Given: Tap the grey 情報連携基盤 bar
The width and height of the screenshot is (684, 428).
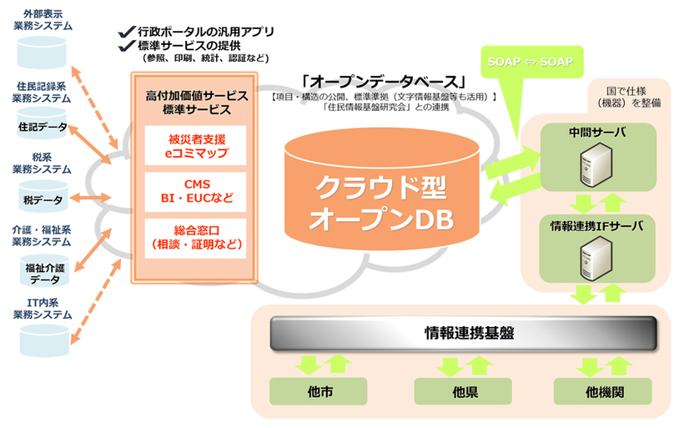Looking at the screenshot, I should point(458,333).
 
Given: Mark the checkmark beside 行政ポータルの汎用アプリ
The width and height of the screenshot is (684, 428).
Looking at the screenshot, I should point(126,32).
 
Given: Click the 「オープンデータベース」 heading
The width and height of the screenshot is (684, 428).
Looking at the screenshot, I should point(385,82).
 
